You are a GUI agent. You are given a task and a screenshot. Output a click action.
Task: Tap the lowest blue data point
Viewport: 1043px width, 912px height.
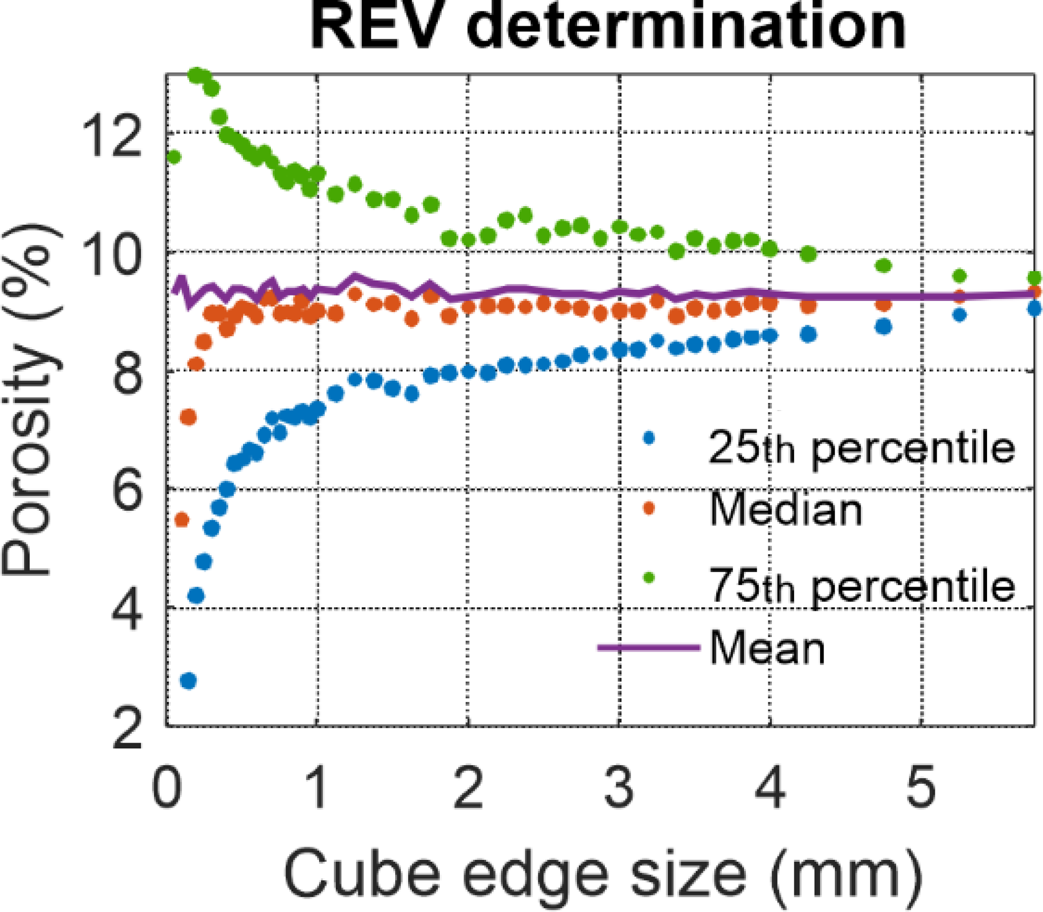coord(188,680)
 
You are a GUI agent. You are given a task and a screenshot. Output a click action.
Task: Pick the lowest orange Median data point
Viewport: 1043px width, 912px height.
coord(182,520)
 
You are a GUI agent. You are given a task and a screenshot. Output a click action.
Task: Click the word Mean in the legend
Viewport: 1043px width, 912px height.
coord(766,649)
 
